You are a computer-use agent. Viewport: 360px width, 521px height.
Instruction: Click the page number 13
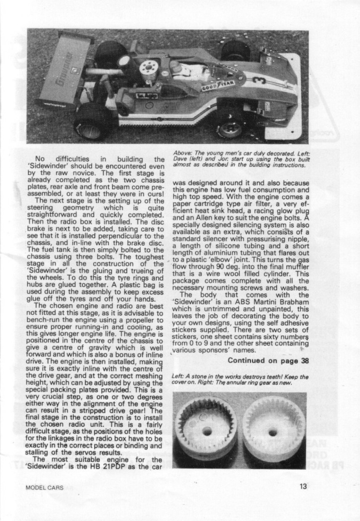[303, 486]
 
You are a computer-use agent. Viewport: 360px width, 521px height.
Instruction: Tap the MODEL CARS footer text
[44, 488]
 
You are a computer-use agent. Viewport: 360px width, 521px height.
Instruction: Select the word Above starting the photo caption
[180, 153]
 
